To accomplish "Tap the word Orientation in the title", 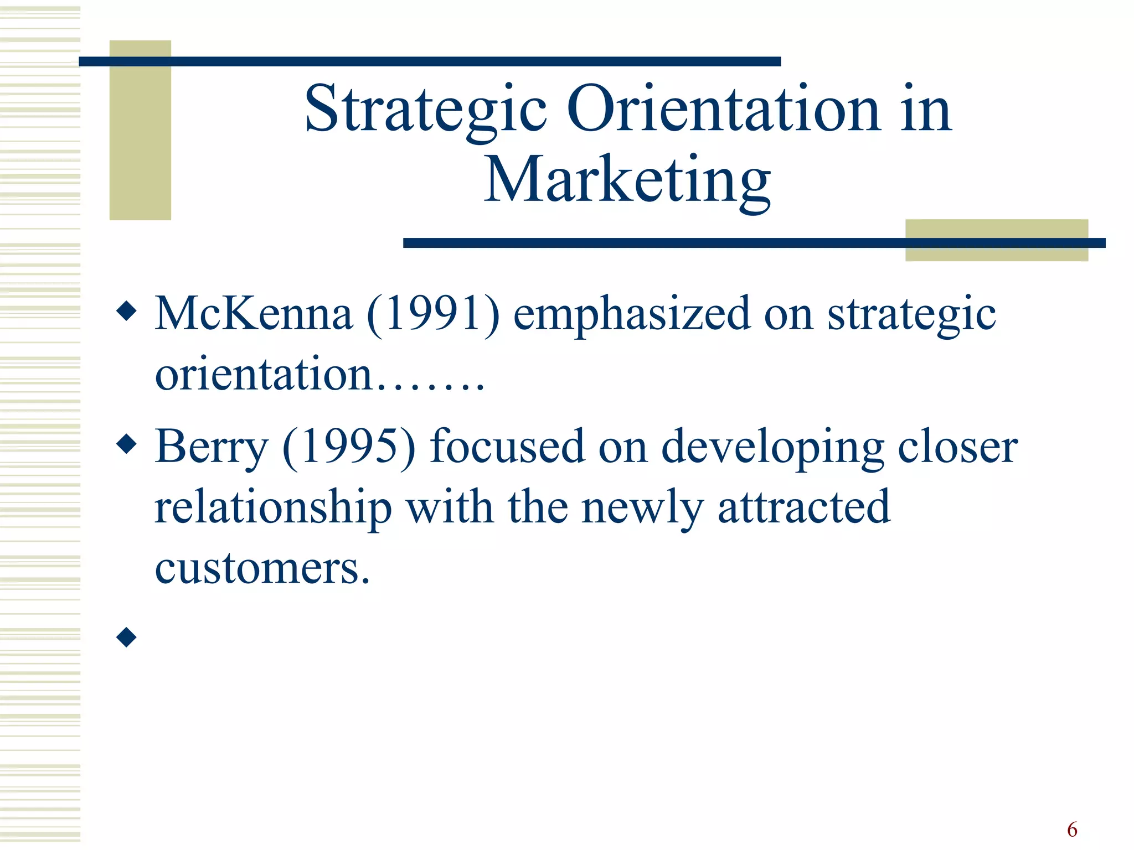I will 723,110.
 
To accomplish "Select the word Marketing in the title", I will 627,180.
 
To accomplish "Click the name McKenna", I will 254,313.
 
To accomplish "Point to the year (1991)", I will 433,313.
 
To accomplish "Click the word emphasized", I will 632,314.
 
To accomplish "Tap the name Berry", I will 212,447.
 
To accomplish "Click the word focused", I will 507,446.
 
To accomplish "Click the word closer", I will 957,446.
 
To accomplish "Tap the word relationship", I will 273,507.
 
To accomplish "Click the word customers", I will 262,568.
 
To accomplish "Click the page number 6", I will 1072,830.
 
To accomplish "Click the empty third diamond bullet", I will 127,637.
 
